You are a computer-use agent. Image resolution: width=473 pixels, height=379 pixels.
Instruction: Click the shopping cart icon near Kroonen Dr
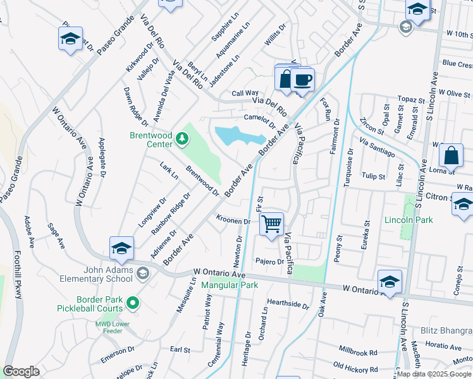271,224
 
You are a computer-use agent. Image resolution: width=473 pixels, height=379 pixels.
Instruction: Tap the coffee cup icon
303,80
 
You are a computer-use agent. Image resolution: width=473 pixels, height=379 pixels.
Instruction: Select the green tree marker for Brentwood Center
182,138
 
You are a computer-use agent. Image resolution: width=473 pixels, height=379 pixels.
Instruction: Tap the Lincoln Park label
408,220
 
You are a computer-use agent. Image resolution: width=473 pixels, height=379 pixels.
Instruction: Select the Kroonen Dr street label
233,221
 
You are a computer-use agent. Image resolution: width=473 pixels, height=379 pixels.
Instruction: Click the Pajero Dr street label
270,261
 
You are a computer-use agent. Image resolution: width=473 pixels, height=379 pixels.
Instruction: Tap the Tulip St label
374,176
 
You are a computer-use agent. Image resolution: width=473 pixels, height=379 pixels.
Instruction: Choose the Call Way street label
245,93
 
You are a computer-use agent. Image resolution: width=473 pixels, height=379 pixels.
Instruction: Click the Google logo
21,371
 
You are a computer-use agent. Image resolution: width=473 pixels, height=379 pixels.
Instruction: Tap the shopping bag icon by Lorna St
451,155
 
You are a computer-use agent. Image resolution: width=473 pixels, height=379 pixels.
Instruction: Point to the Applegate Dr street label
101,155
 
